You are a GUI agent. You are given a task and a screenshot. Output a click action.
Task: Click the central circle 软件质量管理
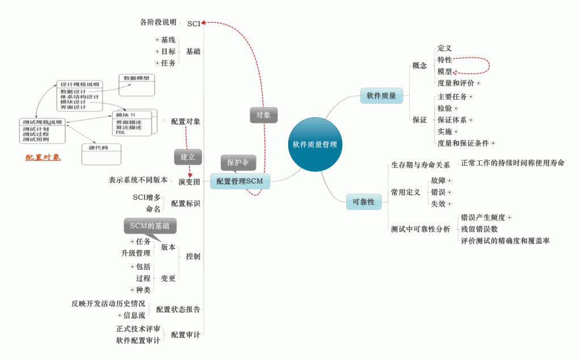pyautogui.click(x=314, y=145)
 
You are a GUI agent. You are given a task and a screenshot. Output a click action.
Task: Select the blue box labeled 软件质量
pyautogui.click(x=381, y=96)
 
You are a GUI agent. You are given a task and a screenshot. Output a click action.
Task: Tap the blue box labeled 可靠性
pyautogui.click(x=363, y=202)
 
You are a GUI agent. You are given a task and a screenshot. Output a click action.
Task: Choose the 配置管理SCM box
pyautogui.click(x=240, y=181)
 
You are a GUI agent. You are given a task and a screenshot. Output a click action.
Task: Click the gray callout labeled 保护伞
pyautogui.click(x=238, y=162)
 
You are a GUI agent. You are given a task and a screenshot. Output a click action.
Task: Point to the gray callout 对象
pyautogui.click(x=263, y=115)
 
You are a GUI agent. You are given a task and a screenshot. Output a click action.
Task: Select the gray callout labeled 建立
pyautogui.click(x=188, y=156)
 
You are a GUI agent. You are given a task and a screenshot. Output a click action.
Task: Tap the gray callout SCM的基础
pyautogui.click(x=150, y=226)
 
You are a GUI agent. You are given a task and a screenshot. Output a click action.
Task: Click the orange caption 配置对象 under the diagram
pyautogui.click(x=43, y=157)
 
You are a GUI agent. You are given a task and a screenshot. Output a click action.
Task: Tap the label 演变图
pyautogui.click(x=189, y=181)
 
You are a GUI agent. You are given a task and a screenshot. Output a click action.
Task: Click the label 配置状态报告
pyautogui.click(x=178, y=310)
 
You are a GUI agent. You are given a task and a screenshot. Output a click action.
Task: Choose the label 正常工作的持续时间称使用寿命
pyautogui.click(x=512, y=163)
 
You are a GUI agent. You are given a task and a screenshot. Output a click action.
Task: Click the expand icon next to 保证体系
pyautogui.click(x=471, y=120)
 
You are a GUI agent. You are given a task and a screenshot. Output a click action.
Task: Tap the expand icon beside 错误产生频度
pyautogui.click(x=509, y=217)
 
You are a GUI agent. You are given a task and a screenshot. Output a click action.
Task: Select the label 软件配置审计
pyautogui.click(x=138, y=341)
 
